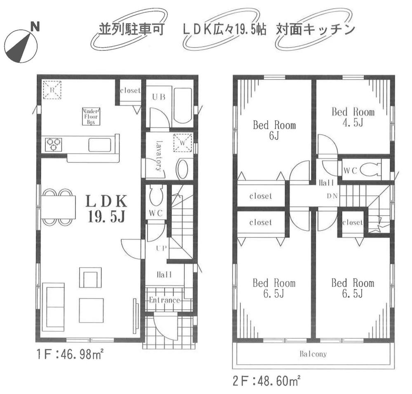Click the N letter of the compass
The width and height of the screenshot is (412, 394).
[35, 28]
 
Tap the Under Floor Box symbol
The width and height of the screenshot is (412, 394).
[89, 116]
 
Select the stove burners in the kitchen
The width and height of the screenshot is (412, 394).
[53, 144]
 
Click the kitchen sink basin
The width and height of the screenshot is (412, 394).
[99, 145]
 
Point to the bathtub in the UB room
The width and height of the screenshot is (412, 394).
[182, 107]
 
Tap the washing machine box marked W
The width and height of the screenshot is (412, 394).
[183, 142]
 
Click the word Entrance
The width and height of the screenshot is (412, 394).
[165, 300]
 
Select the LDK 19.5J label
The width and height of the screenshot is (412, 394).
[106, 209]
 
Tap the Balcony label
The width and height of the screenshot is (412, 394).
[313, 354]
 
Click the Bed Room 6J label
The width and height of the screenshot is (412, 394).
[274, 130]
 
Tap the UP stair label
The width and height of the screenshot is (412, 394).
[160, 248]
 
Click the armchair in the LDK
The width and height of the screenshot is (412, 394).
[90, 278]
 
